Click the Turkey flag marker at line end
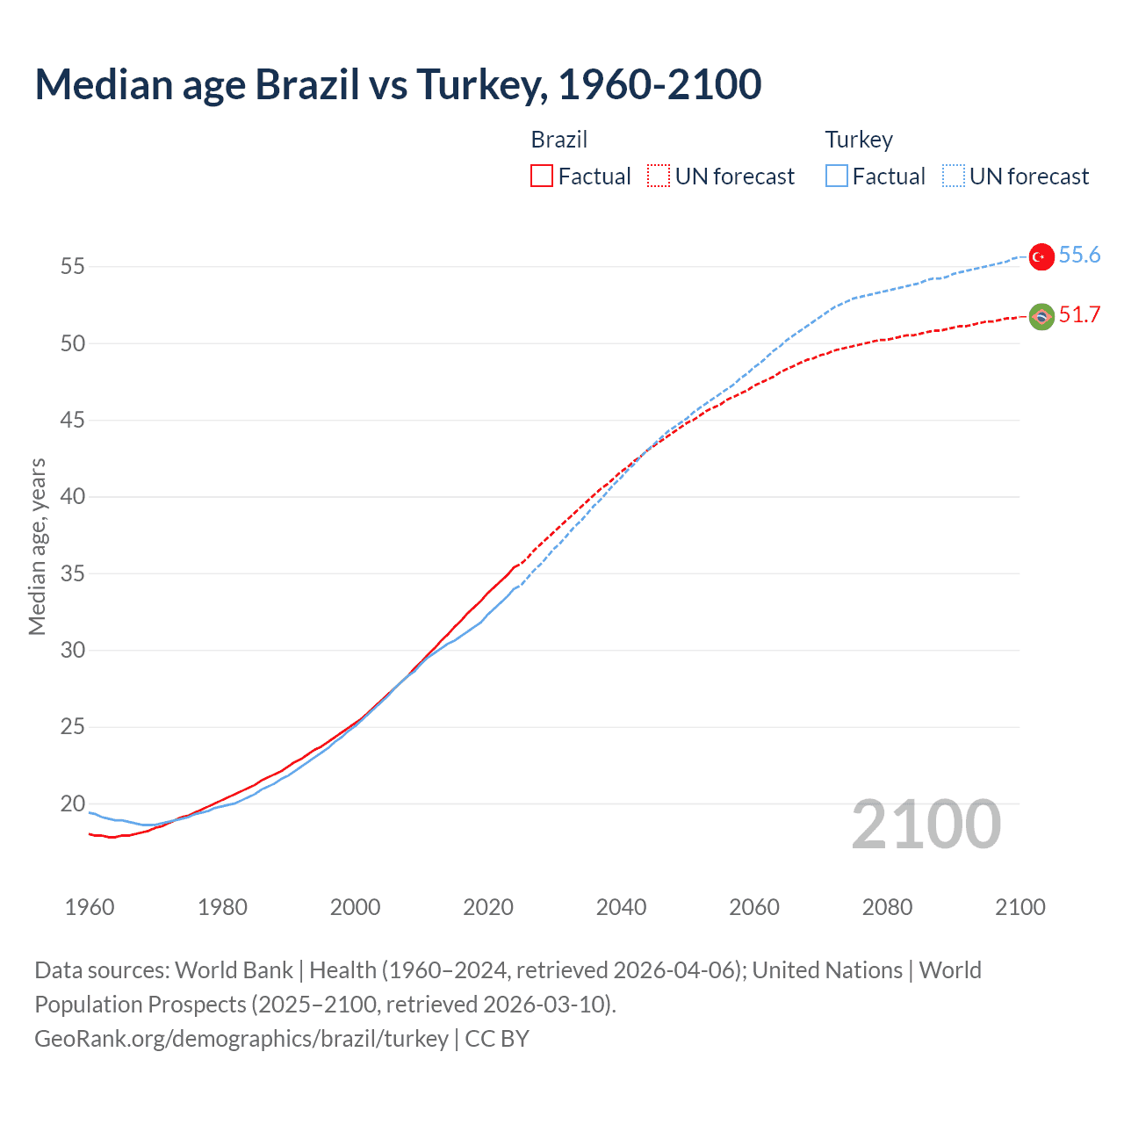coord(1041,256)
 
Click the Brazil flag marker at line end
coord(1041,317)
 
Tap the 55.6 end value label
coord(1079,256)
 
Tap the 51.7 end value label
coord(1079,315)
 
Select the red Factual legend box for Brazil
coord(542,177)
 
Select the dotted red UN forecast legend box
coord(659,177)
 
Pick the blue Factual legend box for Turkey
coord(837,177)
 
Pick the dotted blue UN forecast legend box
coord(953,177)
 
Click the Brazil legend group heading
coord(558,140)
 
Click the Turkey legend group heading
coord(858,140)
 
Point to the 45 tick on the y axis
coord(73,421)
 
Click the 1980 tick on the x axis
coord(222,907)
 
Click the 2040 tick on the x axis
coord(621,907)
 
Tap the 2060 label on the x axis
coord(754,907)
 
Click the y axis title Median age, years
coord(37,546)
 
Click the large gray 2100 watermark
coord(926,825)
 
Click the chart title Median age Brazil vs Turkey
coord(398,84)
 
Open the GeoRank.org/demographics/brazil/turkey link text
coord(241,1039)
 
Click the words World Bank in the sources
coord(234,970)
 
